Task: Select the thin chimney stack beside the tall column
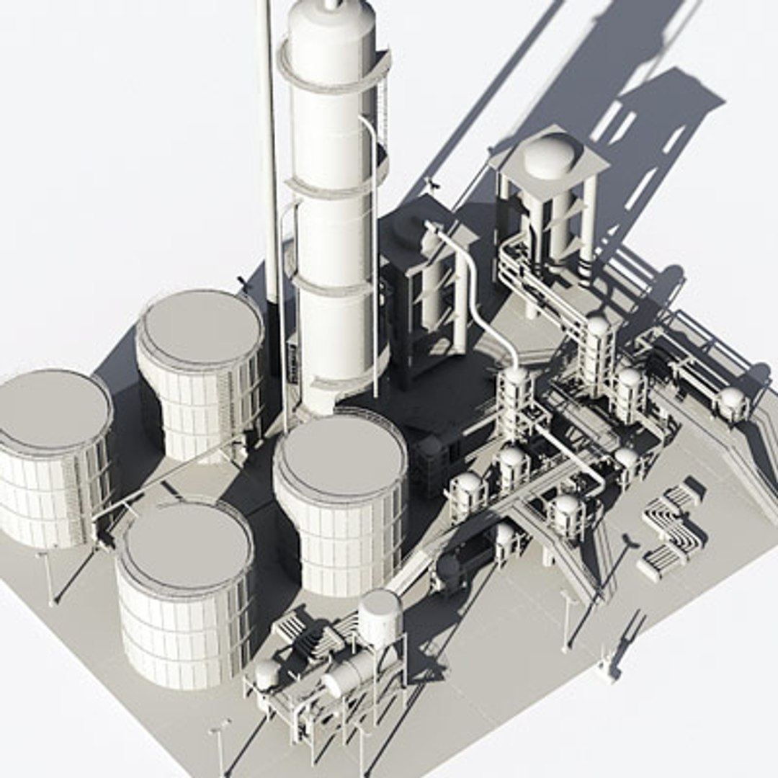(271, 144)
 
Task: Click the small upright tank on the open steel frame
(380, 616)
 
